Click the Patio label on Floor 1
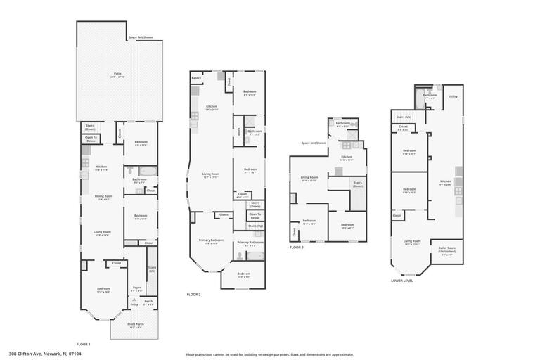117,73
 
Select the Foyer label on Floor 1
138,288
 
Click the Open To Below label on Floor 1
91,140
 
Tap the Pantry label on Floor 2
196,79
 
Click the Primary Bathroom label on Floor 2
250,243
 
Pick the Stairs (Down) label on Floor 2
255,205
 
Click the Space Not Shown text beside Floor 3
314,143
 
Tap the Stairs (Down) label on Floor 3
358,185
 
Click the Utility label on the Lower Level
453,96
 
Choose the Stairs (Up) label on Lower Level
404,117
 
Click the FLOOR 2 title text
193,294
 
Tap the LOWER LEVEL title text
402,280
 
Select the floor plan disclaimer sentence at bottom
270,354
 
